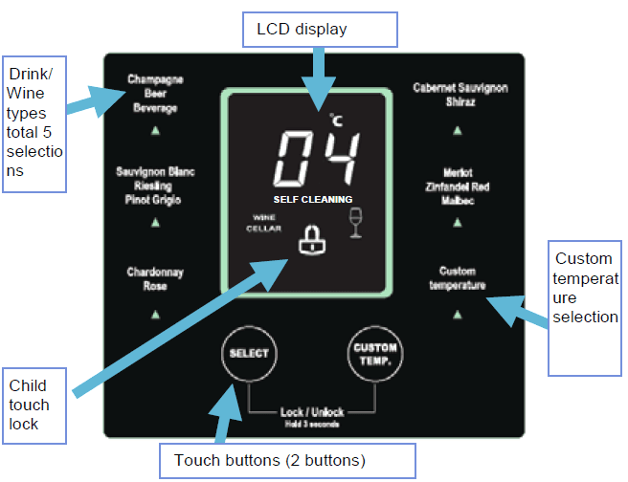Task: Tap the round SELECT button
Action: (x=247, y=353)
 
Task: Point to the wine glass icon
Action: (x=357, y=222)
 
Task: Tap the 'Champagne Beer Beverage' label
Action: (x=155, y=94)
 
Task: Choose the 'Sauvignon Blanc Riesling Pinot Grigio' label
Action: (x=155, y=186)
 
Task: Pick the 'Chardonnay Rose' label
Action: (x=155, y=278)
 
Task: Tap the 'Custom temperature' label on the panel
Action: (x=458, y=278)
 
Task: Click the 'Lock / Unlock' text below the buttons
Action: (x=310, y=412)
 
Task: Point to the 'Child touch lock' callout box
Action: (x=34, y=403)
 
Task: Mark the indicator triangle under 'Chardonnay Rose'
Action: (x=155, y=313)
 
